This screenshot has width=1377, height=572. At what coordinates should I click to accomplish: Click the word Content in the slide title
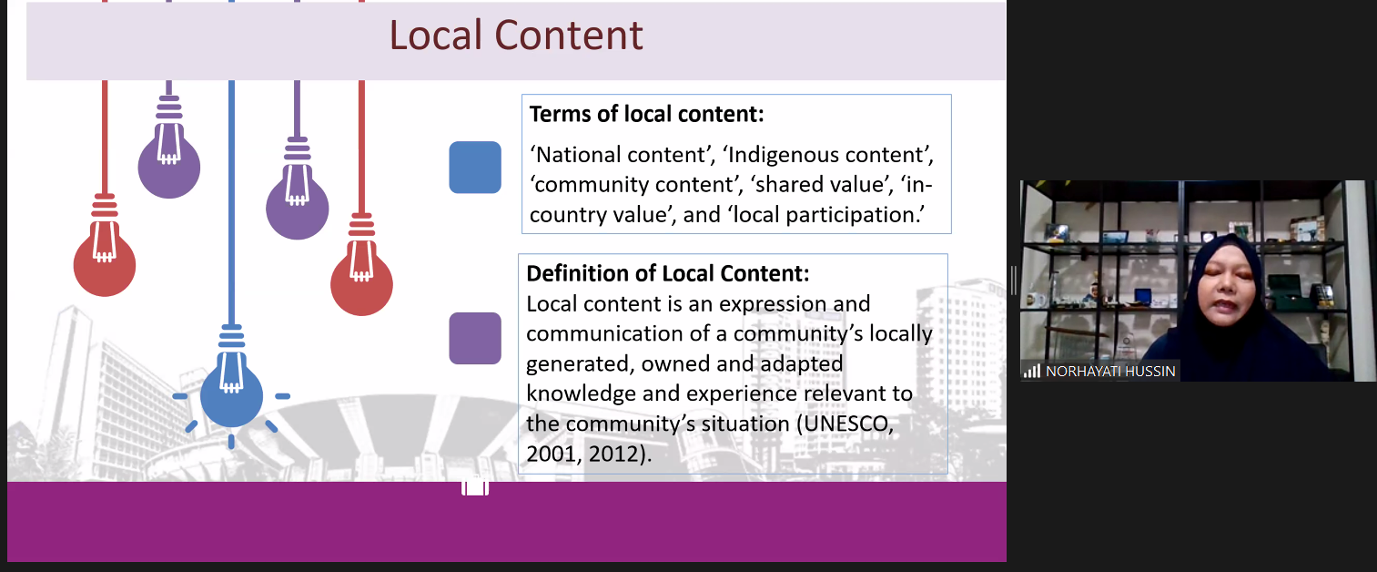pos(569,35)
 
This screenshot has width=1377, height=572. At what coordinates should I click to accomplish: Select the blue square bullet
pos(475,168)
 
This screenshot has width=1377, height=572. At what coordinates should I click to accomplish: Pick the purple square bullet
pos(475,338)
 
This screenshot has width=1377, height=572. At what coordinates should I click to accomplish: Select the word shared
pos(783,185)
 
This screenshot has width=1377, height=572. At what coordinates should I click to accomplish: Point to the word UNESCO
pos(845,424)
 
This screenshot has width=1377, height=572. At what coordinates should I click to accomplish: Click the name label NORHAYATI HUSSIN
pos(1110,372)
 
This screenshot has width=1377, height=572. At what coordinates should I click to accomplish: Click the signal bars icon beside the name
pos(1031,371)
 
